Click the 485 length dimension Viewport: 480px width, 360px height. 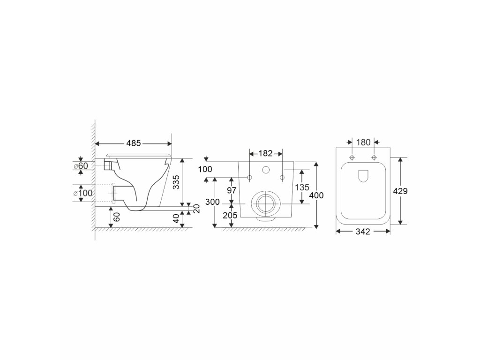(x=134, y=143)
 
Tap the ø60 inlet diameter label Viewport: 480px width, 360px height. (x=81, y=165)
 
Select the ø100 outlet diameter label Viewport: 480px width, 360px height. (x=83, y=193)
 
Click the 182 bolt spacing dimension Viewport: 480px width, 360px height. (x=265, y=153)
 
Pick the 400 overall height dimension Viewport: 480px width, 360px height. (x=316, y=195)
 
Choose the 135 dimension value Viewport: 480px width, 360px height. (x=302, y=187)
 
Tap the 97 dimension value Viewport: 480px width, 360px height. (x=232, y=190)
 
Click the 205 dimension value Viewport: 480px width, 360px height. (x=230, y=215)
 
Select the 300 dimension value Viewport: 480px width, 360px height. (x=212, y=202)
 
